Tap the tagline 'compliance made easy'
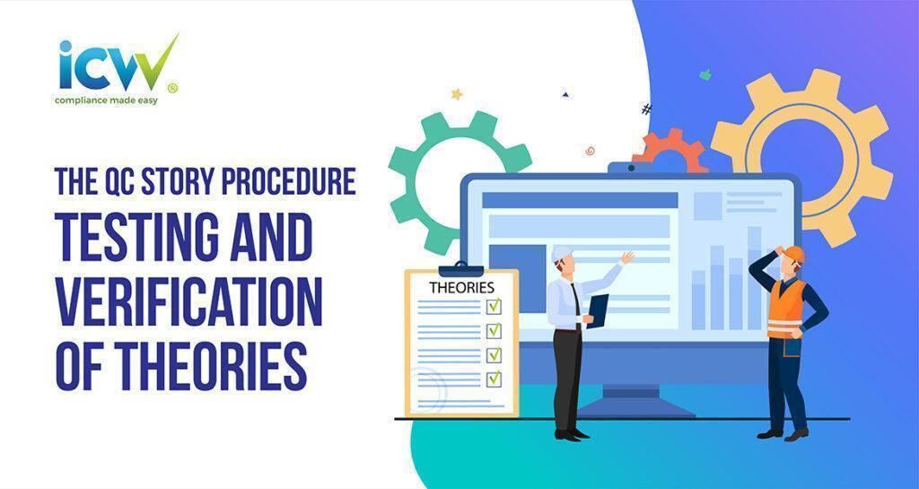tap(106, 100)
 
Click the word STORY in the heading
tap(172, 181)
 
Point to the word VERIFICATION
tap(188, 302)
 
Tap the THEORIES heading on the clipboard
tap(461, 287)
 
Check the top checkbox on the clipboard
tap(494, 307)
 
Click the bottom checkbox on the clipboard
tap(494, 379)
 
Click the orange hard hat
tap(793, 255)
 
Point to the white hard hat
tap(561, 252)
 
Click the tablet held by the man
tap(598, 310)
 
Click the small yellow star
tap(457, 93)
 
